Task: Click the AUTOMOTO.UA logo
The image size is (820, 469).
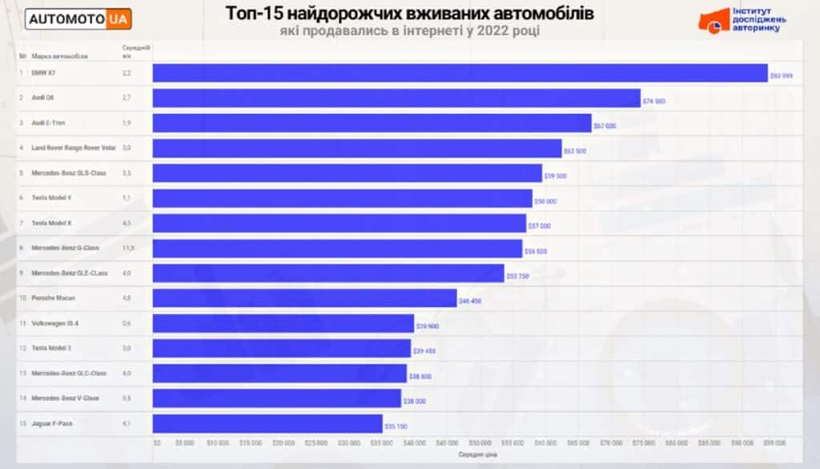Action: point(78,18)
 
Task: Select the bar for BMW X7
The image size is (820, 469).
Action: point(460,73)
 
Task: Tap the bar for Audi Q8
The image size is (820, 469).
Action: point(396,98)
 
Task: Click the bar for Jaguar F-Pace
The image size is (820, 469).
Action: point(267,423)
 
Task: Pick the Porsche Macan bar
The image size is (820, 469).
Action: point(304,298)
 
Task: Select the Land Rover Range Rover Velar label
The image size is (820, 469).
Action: point(74,148)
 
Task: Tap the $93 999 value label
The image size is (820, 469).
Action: point(782,75)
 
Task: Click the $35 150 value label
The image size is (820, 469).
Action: point(396,427)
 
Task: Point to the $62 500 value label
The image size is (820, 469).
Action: point(575,151)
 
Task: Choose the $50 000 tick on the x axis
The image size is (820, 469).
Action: point(480,442)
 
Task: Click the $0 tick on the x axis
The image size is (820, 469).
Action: point(157,442)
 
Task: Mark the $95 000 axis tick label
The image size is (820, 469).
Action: point(774,442)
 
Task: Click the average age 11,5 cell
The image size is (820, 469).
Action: point(127,248)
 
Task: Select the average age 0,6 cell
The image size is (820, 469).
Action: point(127,323)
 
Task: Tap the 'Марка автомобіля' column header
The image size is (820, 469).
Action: point(60,56)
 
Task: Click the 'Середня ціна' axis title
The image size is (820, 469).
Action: point(478,455)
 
